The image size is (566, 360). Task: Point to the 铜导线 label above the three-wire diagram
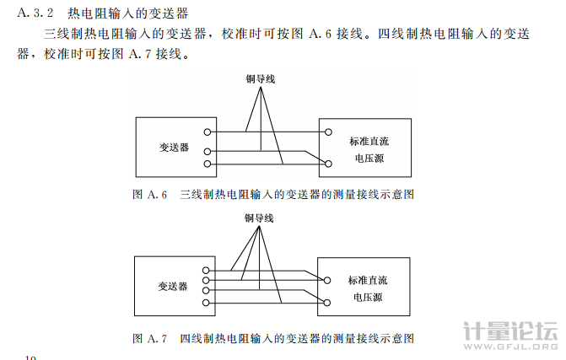pyautogui.click(x=261, y=79)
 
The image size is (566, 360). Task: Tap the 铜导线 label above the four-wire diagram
pyautogui.click(x=260, y=218)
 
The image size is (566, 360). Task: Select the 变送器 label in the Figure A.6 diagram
pyautogui.click(x=174, y=147)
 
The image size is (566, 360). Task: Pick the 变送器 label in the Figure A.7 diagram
pyautogui.click(x=173, y=286)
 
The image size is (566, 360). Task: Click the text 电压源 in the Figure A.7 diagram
pyautogui.click(x=369, y=298)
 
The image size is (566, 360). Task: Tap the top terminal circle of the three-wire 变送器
pyautogui.click(x=208, y=132)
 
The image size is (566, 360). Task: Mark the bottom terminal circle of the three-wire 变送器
pyautogui.click(x=208, y=163)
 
